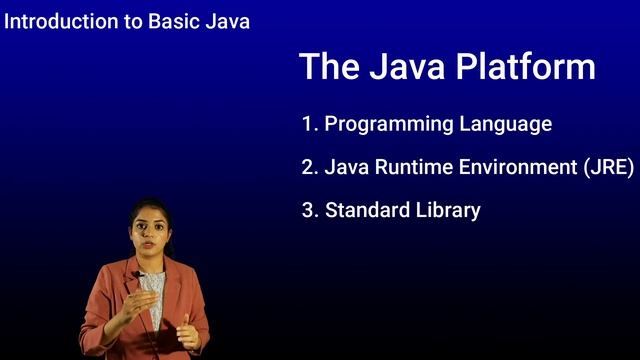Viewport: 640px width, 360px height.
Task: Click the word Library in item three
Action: coord(448,211)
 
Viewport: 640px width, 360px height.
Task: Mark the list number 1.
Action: coord(308,125)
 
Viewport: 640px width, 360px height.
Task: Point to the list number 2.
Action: coord(308,168)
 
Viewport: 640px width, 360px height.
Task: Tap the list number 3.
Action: coord(308,211)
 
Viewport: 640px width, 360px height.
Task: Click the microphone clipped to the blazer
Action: coord(135,275)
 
